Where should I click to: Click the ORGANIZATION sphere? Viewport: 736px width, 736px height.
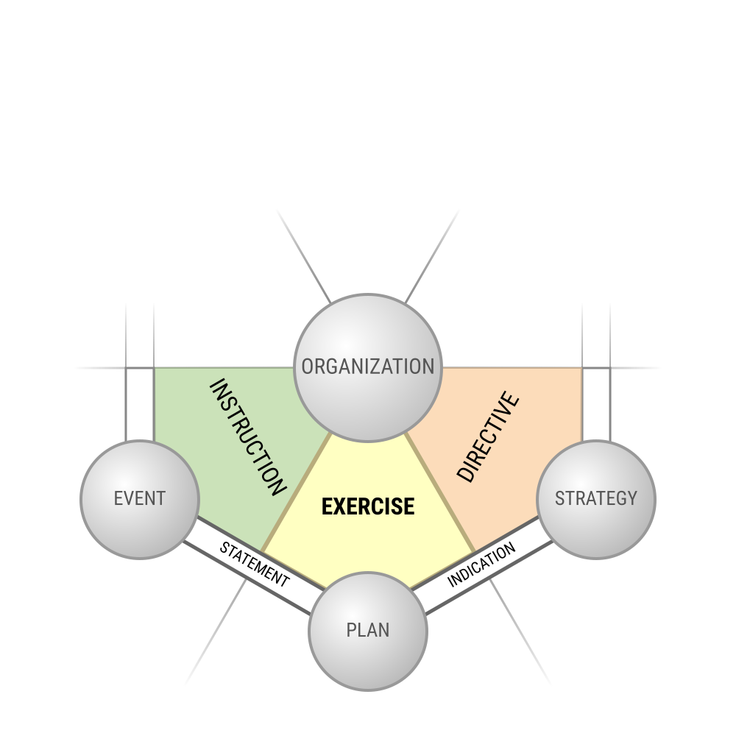click(x=367, y=367)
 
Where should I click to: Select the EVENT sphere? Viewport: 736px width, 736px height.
click(x=140, y=500)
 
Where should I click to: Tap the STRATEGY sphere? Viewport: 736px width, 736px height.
click(x=596, y=500)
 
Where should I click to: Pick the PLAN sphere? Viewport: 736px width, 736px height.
click(x=368, y=631)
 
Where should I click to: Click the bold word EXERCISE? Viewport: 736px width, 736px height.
click(x=368, y=507)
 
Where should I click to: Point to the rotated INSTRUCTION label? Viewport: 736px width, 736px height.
click(x=247, y=437)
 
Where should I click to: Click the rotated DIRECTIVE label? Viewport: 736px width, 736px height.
click(x=488, y=437)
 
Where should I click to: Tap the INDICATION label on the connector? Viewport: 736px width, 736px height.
click(x=481, y=565)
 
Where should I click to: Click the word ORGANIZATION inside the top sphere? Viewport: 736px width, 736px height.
click(x=368, y=367)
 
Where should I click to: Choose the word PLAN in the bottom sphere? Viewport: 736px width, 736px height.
click(x=368, y=631)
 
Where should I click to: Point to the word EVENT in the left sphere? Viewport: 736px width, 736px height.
click(x=140, y=498)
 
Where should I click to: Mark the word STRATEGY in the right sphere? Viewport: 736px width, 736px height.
click(x=596, y=498)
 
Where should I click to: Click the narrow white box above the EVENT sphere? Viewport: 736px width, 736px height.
click(x=140, y=403)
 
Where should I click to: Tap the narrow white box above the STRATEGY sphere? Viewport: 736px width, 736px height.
click(x=596, y=403)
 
